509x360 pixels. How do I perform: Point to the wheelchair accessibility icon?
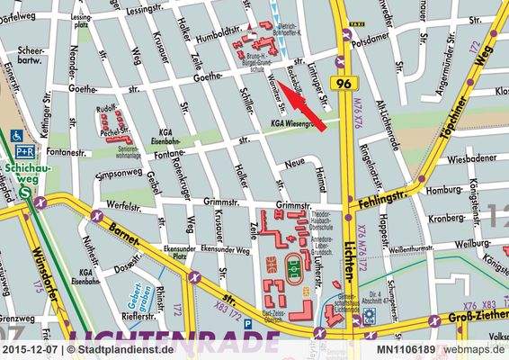pos(17,136)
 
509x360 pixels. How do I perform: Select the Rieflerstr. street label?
pos(128,317)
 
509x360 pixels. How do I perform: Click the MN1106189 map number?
pos(406,349)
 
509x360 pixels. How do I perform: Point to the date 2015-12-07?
pos(31,349)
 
